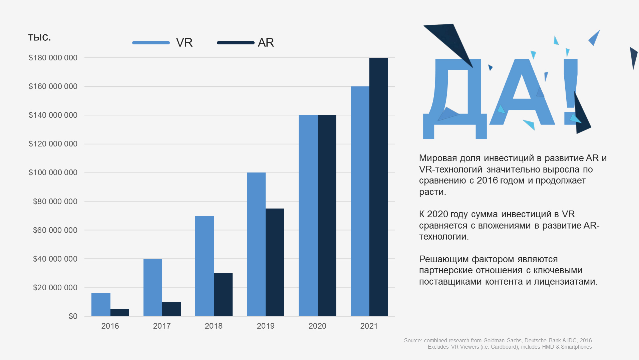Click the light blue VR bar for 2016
click(x=101, y=305)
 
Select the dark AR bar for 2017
click(x=172, y=309)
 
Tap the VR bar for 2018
click(x=204, y=266)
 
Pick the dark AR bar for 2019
click(x=275, y=262)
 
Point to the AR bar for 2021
click(x=379, y=187)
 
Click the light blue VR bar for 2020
click(x=308, y=216)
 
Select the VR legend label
click(x=184, y=43)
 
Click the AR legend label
click(x=266, y=43)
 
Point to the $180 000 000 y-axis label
click(x=53, y=58)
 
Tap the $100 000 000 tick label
click(x=53, y=172)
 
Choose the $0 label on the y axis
click(x=73, y=316)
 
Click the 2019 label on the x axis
click(x=266, y=326)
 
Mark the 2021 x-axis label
click(x=369, y=326)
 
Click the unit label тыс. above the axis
click(x=39, y=37)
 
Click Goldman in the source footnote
click(x=494, y=341)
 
